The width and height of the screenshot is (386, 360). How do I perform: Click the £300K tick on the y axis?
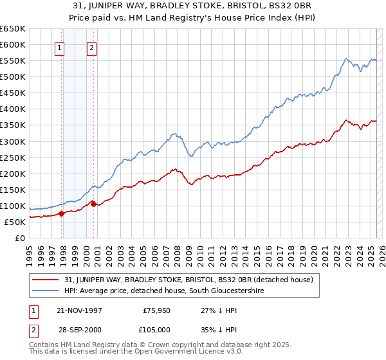[13, 141]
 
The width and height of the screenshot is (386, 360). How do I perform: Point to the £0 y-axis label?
[20, 238]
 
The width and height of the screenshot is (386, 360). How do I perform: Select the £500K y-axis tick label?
[13, 76]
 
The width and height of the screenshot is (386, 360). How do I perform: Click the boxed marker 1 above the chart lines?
[59, 47]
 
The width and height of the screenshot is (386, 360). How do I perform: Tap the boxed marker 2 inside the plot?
[91, 47]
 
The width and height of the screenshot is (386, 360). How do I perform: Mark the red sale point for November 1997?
[62, 213]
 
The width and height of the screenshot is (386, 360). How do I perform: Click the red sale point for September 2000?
[94, 204]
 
